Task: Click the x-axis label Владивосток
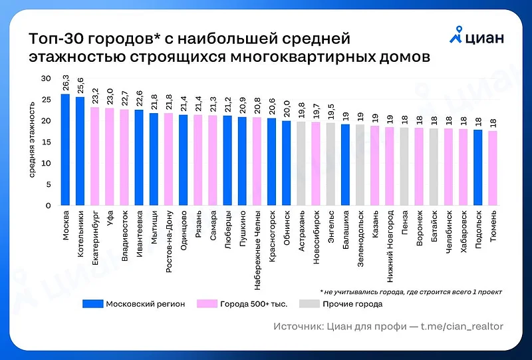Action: pyautogui.click(x=125, y=236)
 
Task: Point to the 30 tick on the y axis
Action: pyautogui.click(x=46, y=79)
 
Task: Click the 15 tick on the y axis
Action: pyautogui.click(x=46, y=142)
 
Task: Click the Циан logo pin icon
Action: pyautogui.click(x=456, y=34)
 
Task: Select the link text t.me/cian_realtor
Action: pyautogui.click(x=460, y=327)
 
